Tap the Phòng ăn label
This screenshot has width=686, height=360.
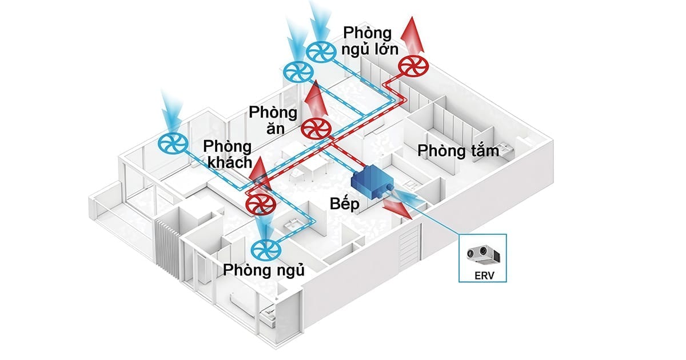click(x=273, y=119)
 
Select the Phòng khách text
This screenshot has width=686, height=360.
click(x=227, y=154)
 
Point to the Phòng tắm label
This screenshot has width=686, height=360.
click(x=458, y=151)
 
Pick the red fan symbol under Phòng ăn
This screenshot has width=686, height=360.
click(x=316, y=129)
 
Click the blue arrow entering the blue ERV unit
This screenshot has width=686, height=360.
click(x=409, y=197)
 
